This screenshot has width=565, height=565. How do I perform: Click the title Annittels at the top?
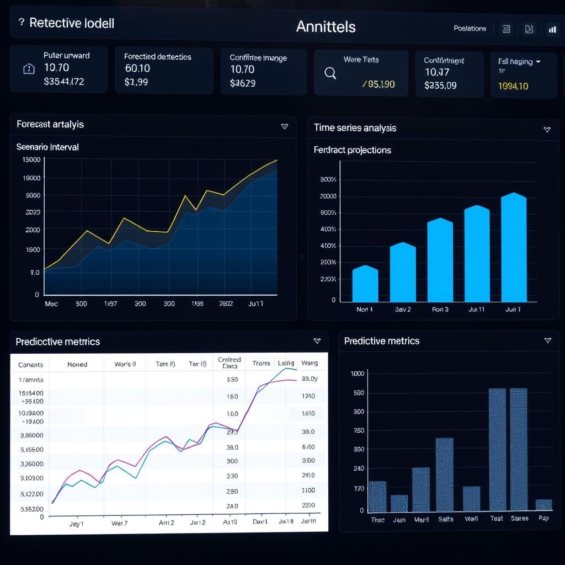tap(326, 26)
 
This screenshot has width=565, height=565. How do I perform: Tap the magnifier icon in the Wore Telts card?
tap(331, 73)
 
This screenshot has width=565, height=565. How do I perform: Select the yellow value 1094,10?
tap(513, 86)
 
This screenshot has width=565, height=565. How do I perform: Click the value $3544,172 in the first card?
tap(63, 82)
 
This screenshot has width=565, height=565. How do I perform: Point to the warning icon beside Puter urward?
tap(29, 69)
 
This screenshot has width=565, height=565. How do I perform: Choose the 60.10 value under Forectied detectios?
tap(137, 68)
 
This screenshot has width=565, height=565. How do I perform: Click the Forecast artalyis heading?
tap(50, 124)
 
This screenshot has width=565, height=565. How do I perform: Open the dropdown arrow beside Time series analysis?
tap(547, 129)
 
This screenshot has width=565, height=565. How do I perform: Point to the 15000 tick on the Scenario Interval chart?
tap(31, 159)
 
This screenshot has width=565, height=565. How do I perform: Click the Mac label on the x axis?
tap(51, 303)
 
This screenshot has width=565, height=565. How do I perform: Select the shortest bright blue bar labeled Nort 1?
tap(365, 284)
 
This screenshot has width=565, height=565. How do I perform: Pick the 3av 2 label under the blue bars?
tap(403, 310)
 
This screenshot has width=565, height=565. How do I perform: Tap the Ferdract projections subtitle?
tap(352, 150)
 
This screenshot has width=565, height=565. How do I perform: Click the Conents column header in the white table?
tap(30, 365)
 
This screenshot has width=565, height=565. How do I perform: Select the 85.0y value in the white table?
tap(310, 379)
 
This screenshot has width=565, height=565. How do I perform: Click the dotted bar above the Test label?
tap(497, 449)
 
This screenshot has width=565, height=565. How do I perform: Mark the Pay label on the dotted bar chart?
tap(543, 519)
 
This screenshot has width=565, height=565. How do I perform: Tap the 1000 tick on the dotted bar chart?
tap(358, 374)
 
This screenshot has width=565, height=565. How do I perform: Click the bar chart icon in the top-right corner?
tap(552, 30)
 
